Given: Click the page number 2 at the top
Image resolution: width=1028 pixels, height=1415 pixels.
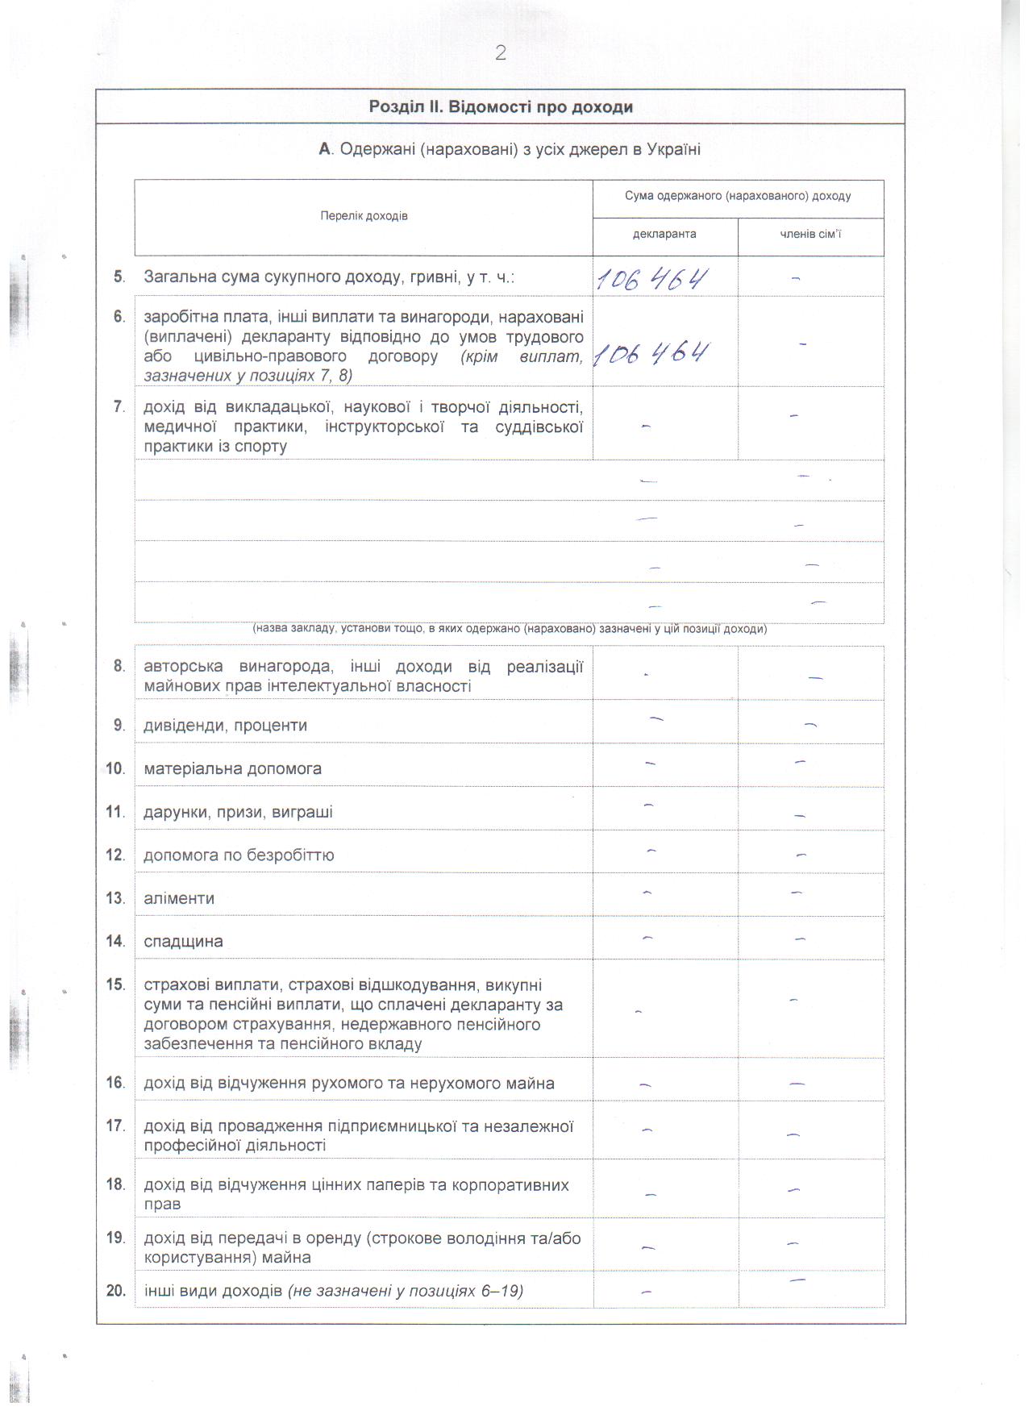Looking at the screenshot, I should pyautogui.click(x=501, y=53).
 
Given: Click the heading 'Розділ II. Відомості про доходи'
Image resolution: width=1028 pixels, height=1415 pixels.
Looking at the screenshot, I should pyautogui.click(x=500, y=107).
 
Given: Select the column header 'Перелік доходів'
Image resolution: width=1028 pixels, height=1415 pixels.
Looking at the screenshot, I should pyautogui.click(x=364, y=216).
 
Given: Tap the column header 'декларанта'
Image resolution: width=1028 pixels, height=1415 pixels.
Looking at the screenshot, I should pyautogui.click(x=664, y=235).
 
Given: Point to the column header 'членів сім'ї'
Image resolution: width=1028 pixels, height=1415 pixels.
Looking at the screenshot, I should pyautogui.click(x=810, y=235).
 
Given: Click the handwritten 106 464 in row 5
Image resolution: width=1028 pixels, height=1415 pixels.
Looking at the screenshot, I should pyautogui.click(x=652, y=280).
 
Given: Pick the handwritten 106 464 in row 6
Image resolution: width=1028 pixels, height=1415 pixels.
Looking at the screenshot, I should pyautogui.click(x=651, y=354).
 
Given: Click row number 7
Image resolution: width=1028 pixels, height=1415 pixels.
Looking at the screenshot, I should pyautogui.click(x=119, y=407).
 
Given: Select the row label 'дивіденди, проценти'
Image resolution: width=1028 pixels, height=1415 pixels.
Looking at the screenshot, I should pyautogui.click(x=225, y=726).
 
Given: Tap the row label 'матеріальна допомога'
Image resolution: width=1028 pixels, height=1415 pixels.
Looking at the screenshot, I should pyautogui.click(x=232, y=769).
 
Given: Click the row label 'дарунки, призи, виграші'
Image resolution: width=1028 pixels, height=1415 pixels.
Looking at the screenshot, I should pyautogui.click(x=238, y=813).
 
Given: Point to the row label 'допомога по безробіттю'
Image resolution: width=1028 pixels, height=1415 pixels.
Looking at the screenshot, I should pyautogui.click(x=239, y=855).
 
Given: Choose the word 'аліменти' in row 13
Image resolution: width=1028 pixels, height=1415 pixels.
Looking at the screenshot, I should pyautogui.click(x=179, y=899).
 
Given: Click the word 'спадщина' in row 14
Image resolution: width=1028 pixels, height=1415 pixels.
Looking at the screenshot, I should pyautogui.click(x=183, y=942).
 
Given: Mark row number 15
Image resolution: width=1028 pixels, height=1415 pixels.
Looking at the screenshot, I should pyautogui.click(x=115, y=985).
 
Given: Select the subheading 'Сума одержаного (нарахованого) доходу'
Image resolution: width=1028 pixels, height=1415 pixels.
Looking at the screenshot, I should pyautogui.click(x=738, y=197).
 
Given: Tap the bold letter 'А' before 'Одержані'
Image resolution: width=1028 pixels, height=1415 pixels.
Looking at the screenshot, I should pyautogui.click(x=325, y=150).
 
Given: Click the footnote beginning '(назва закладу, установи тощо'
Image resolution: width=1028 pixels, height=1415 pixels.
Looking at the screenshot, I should pyautogui.click(x=509, y=630).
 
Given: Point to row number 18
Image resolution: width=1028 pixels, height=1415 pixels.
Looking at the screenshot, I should pyautogui.click(x=115, y=1185).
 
